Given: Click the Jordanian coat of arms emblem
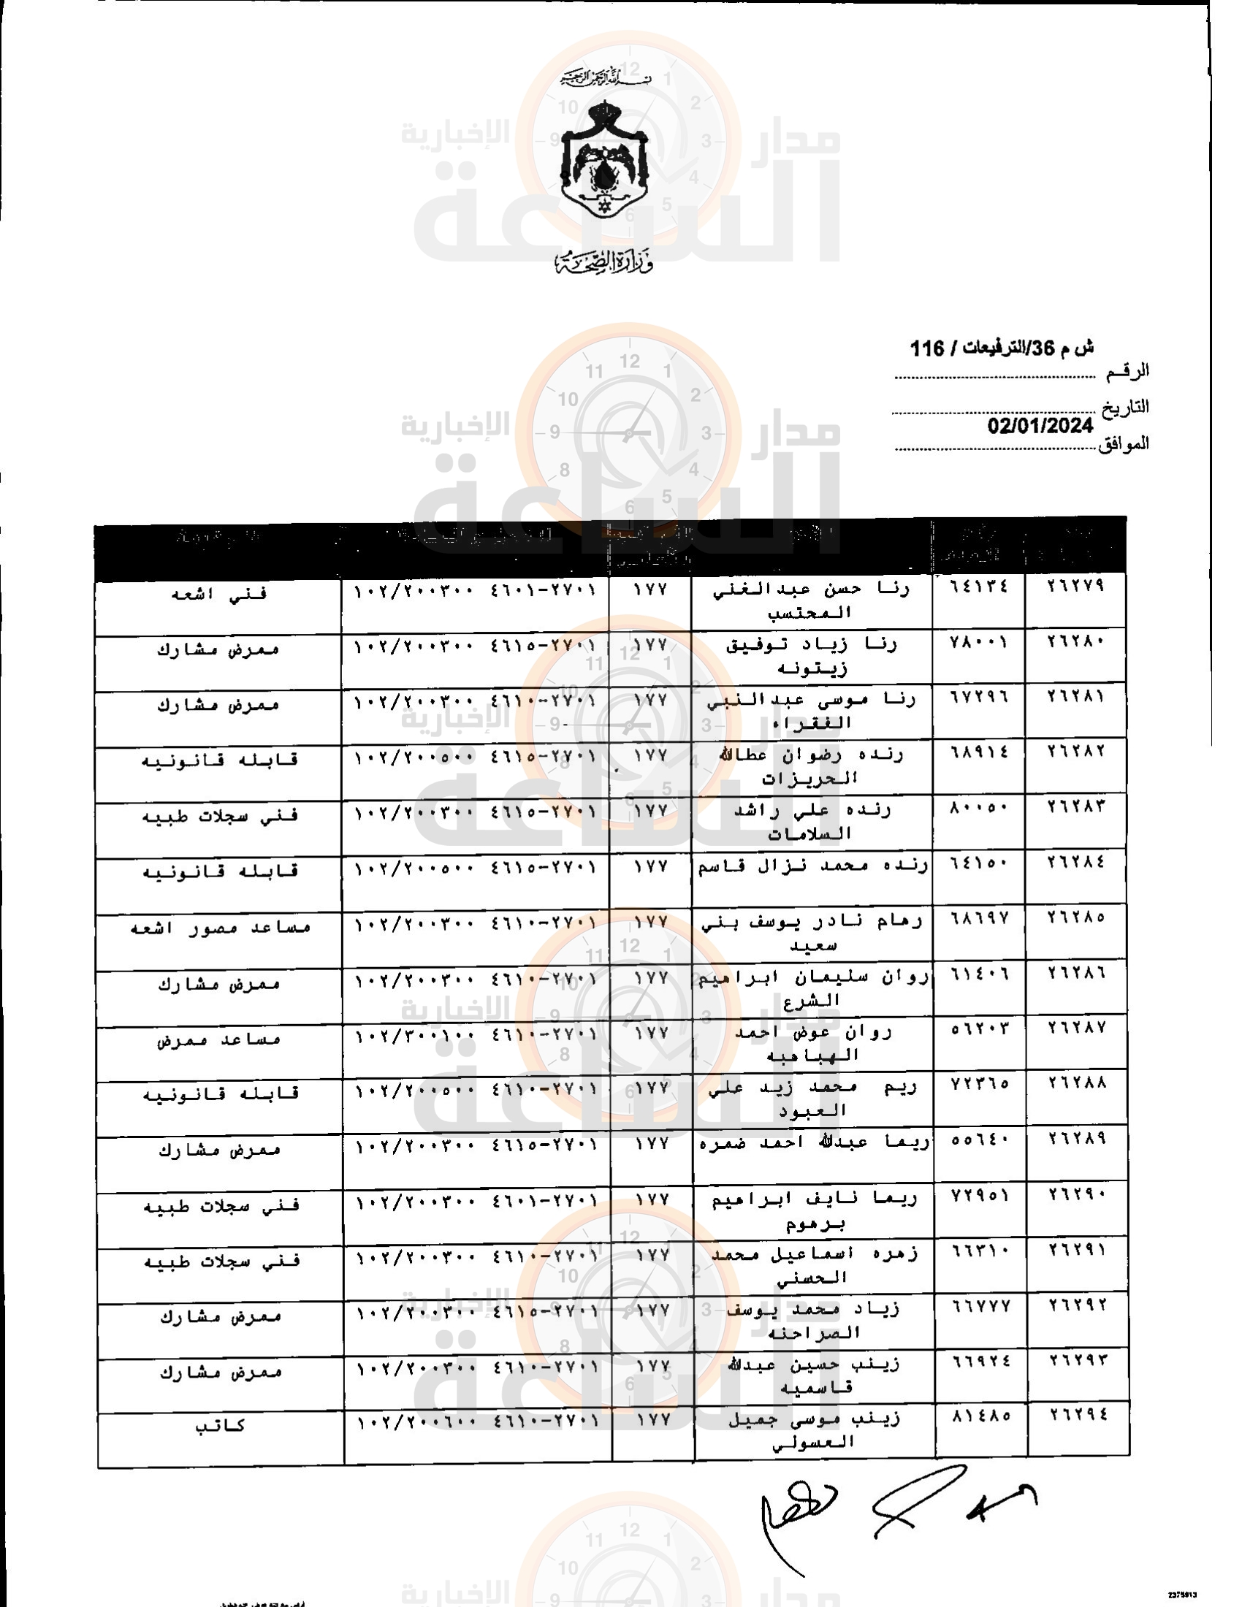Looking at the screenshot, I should click(604, 161).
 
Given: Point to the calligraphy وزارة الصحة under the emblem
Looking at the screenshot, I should click(604, 262).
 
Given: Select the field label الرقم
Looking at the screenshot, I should click(1127, 372).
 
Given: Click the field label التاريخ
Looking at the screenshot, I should click(1124, 407).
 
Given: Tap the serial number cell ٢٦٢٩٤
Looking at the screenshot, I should click(1078, 1415).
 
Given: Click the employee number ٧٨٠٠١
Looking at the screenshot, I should click(979, 641).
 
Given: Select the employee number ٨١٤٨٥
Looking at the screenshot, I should click(981, 1415).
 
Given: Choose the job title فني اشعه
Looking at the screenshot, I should click(218, 595).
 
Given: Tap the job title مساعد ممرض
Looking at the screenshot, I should click(218, 1039).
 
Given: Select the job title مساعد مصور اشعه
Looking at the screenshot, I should click(220, 928).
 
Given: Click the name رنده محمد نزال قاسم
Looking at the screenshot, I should click(812, 867).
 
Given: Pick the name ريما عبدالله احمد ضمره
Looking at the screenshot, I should click(814, 1143).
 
